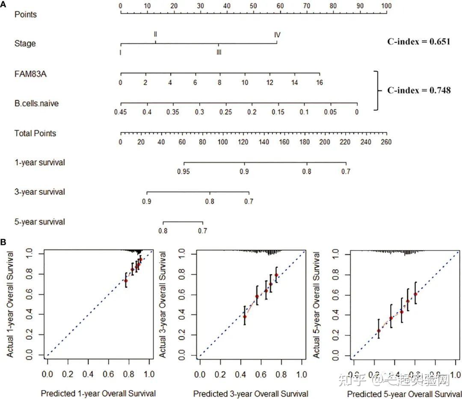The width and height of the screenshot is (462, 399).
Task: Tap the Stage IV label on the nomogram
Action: pyautogui.click(x=277, y=35)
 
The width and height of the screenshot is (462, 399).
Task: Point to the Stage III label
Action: pyautogui.click(x=219, y=52)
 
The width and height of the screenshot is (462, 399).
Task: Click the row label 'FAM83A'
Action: pyautogui.click(x=31, y=74)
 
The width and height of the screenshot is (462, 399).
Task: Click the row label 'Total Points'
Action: pyautogui.click(x=35, y=133)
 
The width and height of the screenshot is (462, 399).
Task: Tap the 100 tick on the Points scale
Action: pyautogui.click(x=387, y=6)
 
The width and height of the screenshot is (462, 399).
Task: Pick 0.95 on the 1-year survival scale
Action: pyautogui.click(x=184, y=171)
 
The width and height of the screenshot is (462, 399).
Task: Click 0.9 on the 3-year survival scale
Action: pyautogui.click(x=147, y=201)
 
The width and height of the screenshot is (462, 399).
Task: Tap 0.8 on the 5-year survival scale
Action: pyautogui.click(x=163, y=231)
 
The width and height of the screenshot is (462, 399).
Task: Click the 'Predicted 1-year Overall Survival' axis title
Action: pyautogui.click(x=98, y=393)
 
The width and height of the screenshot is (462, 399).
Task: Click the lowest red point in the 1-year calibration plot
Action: pyautogui.click(x=126, y=281)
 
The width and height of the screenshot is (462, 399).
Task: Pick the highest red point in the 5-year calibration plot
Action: pyautogui.click(x=415, y=294)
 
